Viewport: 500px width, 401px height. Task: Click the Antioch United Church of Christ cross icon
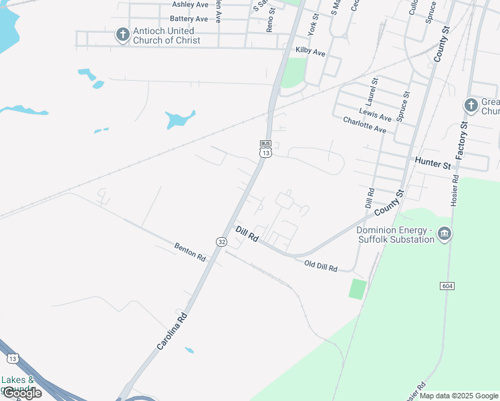[122, 34]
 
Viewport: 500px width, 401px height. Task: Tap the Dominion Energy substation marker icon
[445, 234]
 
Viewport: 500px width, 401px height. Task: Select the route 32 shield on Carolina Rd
[221, 241]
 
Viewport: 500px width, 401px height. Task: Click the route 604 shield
[448, 285]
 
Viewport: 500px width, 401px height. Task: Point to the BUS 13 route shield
[265, 149]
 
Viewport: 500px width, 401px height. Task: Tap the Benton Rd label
[190, 251]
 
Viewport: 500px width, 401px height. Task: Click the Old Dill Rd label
[321, 265]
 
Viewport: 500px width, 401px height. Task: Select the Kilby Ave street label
[310, 52]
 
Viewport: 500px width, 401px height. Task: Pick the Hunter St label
[433, 161]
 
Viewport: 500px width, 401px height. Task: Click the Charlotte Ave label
[364, 124]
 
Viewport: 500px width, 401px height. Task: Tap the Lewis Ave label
[374, 114]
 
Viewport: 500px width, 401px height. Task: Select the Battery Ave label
[189, 19]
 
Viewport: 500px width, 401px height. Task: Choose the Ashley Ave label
[191, 5]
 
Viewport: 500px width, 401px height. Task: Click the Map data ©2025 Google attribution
[459, 396]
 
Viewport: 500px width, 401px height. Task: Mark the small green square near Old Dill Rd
[358, 289]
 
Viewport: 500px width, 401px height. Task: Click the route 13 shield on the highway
[13, 359]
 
